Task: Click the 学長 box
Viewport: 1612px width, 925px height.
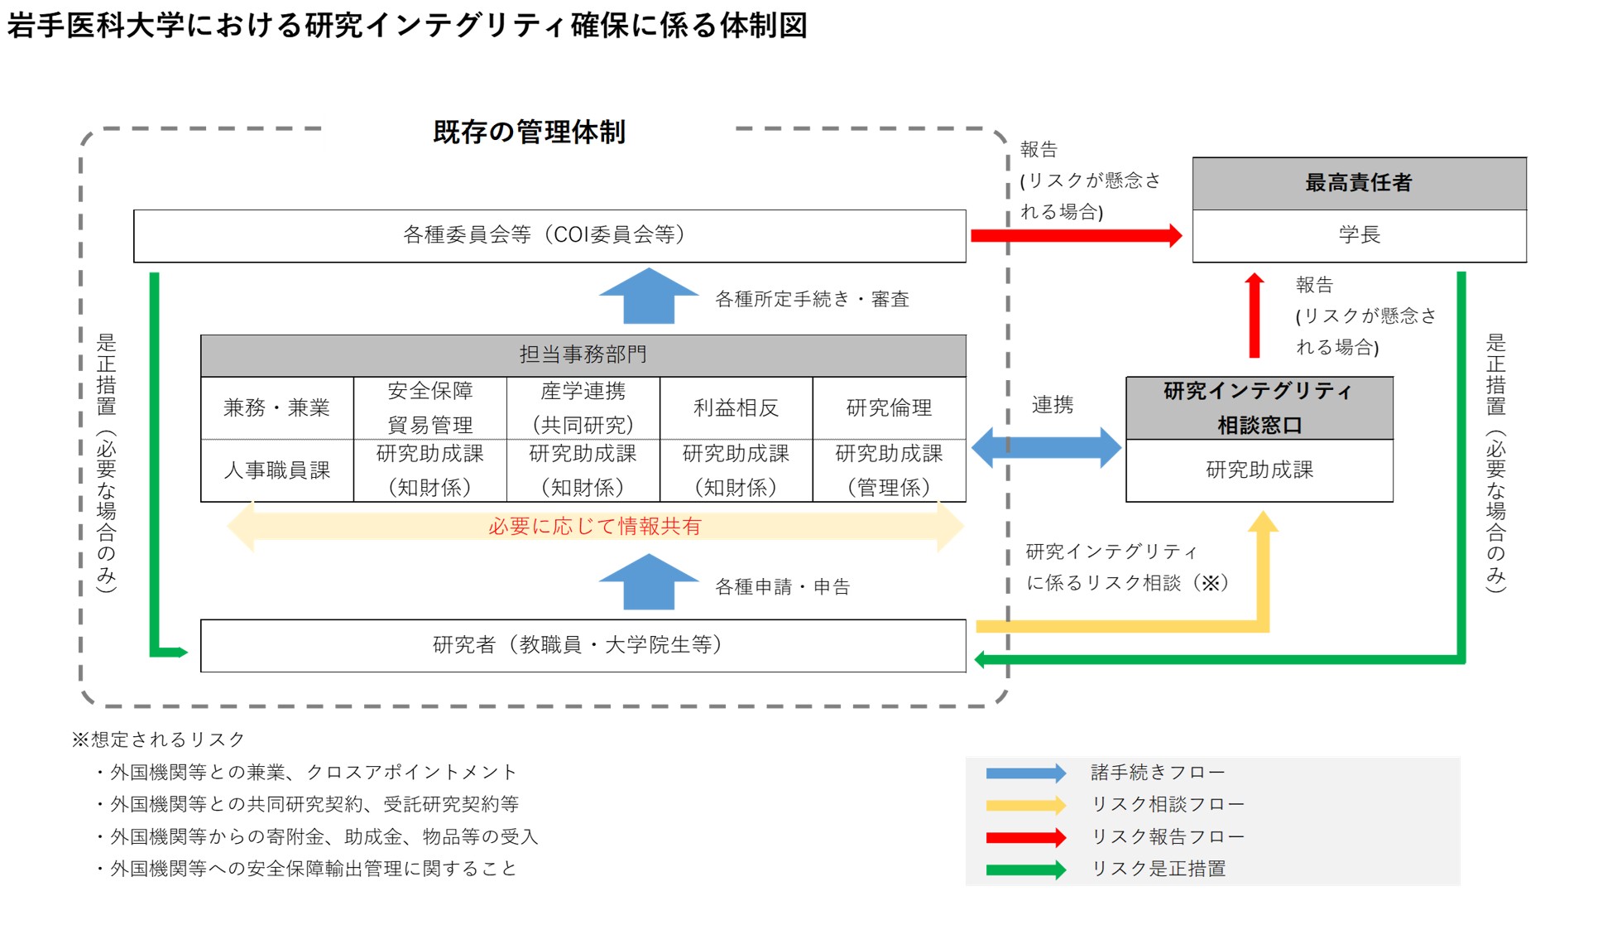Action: click(x=1359, y=235)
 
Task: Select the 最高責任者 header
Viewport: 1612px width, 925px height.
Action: click(x=1359, y=183)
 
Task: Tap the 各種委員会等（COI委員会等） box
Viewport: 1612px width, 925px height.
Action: click(x=549, y=235)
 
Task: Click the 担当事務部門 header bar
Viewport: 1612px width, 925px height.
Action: click(x=583, y=355)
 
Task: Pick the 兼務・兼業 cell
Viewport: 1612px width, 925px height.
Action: click(x=276, y=408)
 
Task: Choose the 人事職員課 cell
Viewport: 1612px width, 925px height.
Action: click(x=276, y=470)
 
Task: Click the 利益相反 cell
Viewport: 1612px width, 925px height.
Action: click(x=736, y=408)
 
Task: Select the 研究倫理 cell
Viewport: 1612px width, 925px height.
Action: click(x=889, y=408)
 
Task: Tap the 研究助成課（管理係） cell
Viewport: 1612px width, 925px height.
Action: click(x=889, y=470)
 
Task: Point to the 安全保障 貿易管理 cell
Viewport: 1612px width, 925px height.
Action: click(x=429, y=408)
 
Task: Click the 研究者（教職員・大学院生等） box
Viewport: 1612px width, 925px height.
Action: click(x=583, y=645)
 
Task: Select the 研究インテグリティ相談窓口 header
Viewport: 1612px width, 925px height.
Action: click(x=1259, y=408)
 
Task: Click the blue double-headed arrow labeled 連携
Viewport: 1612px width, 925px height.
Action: click(x=1046, y=448)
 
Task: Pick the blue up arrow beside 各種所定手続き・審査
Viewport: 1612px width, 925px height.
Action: click(x=648, y=297)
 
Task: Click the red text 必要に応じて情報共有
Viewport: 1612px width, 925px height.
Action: click(x=594, y=527)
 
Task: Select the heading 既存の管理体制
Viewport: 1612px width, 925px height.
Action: click(x=529, y=132)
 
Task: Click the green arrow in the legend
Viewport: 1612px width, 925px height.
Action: click(x=1025, y=870)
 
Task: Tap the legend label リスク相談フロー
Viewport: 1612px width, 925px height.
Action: click(x=1168, y=804)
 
